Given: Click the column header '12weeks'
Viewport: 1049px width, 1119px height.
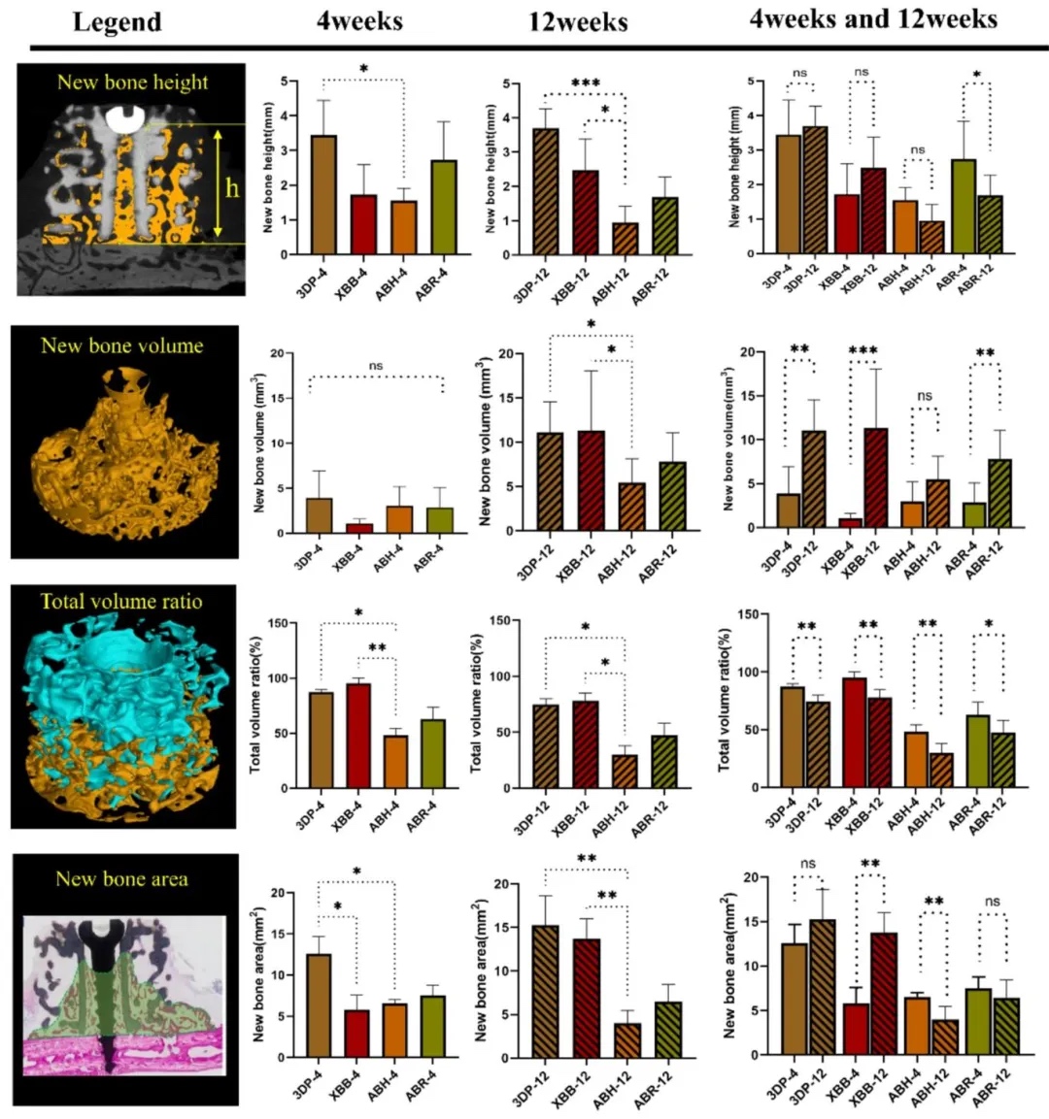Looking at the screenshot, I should (578, 21).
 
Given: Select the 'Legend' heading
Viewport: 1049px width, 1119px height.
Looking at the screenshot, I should (118, 21).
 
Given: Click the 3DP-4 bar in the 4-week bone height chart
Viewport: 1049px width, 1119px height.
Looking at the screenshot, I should (323, 194).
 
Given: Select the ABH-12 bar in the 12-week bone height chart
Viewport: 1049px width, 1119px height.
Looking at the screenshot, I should (626, 239).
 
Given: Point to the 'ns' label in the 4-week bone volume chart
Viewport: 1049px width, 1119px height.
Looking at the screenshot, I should (376, 366).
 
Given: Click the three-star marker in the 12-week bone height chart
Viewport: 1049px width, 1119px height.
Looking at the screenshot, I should (585, 84).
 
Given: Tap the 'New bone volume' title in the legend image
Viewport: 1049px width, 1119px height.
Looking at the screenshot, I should (122, 346).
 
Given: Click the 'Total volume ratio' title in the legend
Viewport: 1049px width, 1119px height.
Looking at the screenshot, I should (121, 602).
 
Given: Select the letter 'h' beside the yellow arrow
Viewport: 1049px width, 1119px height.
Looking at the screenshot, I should (232, 187).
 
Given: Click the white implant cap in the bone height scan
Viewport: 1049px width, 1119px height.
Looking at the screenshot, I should (125, 118).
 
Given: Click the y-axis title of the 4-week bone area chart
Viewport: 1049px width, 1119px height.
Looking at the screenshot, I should (258, 974).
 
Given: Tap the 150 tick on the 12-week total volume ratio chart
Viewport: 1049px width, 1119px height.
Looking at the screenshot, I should (496, 620).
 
